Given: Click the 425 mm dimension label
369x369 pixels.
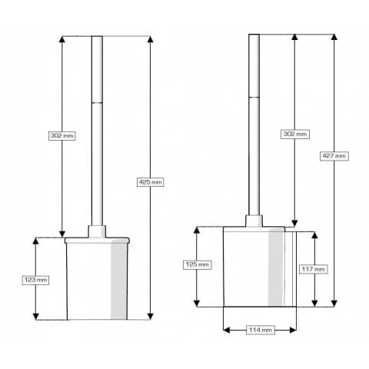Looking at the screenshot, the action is pyautogui.click(x=150, y=182).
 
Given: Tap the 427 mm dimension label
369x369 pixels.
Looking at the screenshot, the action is pyautogui.click(x=334, y=156).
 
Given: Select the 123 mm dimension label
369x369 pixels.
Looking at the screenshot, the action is pyautogui.click(x=35, y=280).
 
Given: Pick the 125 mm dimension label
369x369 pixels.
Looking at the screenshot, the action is pyautogui.click(x=198, y=264).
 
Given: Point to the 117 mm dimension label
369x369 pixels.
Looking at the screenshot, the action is pyautogui.click(x=313, y=269).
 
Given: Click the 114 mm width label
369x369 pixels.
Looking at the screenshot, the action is pyautogui.click(x=261, y=330).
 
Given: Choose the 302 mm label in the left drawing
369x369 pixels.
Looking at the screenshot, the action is pyautogui.click(x=62, y=135).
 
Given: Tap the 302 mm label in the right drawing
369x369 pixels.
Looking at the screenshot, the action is pyautogui.click(x=295, y=134).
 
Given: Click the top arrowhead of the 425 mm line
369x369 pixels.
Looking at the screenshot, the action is pyautogui.click(x=151, y=39).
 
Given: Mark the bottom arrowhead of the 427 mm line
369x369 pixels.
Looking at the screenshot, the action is pyautogui.click(x=334, y=304).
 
